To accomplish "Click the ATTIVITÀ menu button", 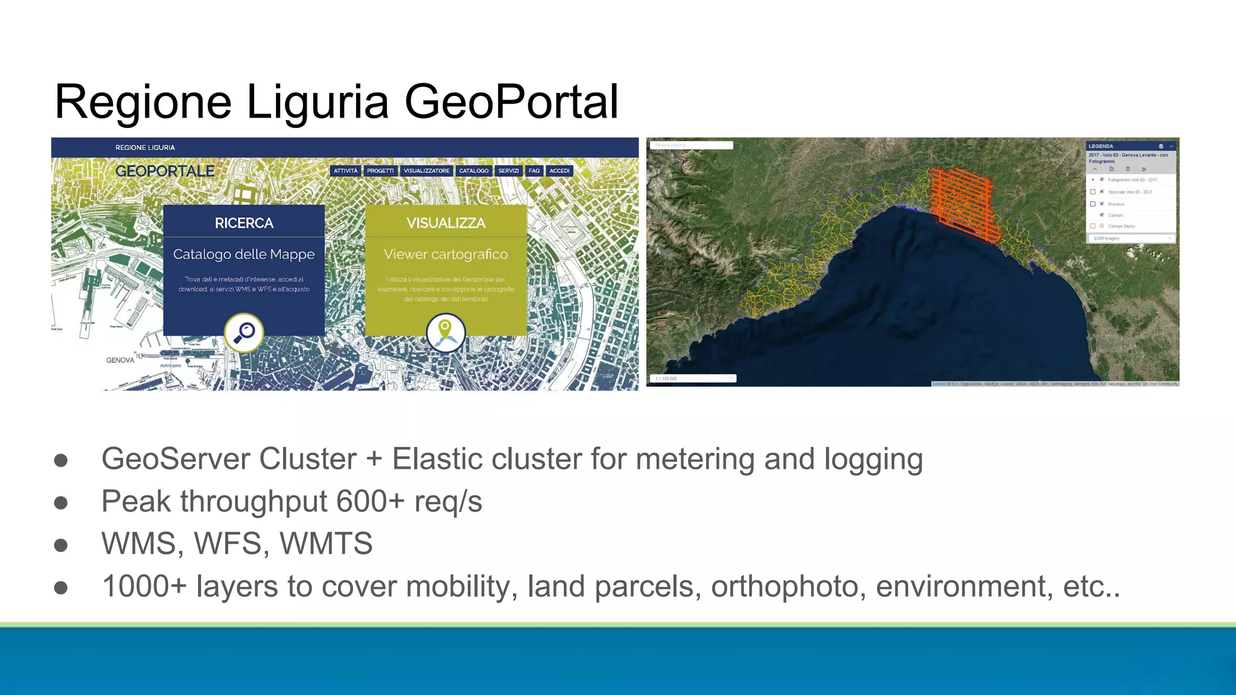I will pos(345,171).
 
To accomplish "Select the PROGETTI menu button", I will pos(380,171).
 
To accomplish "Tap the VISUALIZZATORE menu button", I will pos(427,171).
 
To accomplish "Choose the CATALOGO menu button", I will pos(474,171).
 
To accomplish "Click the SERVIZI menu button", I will pos(508,171).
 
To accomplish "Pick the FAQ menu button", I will pos(534,171).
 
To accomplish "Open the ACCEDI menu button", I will pos(559,171).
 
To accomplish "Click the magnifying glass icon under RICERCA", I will pos(244,332).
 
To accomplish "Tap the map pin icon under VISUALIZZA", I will pos(445,332).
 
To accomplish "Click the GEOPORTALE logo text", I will pos(165,171).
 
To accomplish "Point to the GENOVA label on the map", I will pos(120,360).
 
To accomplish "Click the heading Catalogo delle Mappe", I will pos(244,254).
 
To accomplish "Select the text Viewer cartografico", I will pos(445,254).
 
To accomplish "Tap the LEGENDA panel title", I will pos(1101,146).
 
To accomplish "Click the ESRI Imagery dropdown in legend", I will pos(1132,238).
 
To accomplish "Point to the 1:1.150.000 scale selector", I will pos(693,378).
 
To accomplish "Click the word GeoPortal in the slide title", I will pos(511,101).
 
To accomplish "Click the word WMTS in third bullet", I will pos(326,544).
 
